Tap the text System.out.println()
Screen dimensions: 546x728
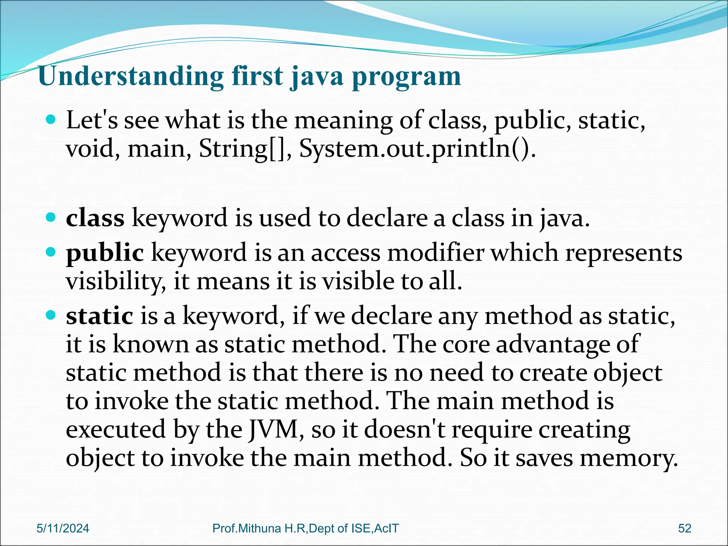point(417,148)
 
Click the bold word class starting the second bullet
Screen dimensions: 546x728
point(95,218)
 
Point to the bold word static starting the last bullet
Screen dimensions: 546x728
point(100,316)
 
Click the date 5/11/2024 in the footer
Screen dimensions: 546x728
point(63,528)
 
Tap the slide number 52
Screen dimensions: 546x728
point(685,528)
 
